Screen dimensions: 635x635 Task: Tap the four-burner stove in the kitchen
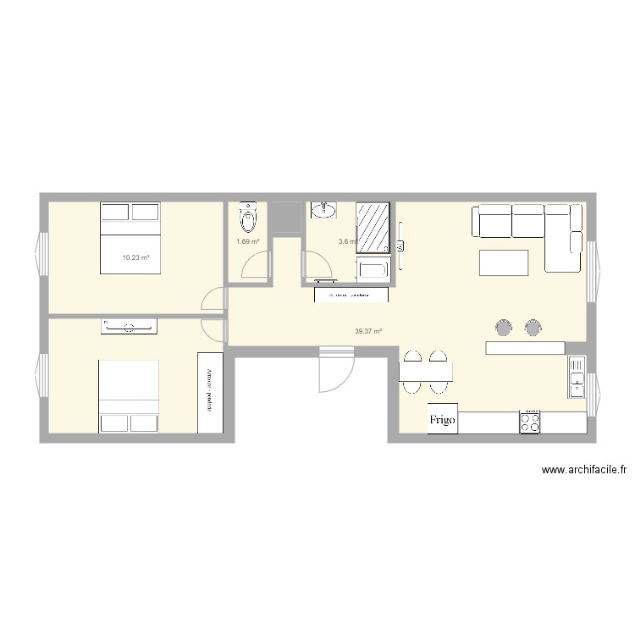530,421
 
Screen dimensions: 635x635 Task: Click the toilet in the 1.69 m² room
247,218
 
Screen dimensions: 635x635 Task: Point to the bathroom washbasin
323,210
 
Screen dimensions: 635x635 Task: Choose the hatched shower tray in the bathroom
372,228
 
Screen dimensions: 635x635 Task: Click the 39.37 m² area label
368,331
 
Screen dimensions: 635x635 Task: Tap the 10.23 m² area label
135,257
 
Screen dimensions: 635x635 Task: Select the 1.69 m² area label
247,241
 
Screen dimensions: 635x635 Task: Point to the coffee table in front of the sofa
504,262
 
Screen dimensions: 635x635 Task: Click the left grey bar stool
505,327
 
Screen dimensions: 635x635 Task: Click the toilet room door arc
254,268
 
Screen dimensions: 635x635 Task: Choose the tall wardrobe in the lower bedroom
206,392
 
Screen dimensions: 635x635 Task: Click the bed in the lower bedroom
129,395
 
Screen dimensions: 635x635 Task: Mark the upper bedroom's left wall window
41,255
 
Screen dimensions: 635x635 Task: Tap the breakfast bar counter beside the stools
525,347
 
